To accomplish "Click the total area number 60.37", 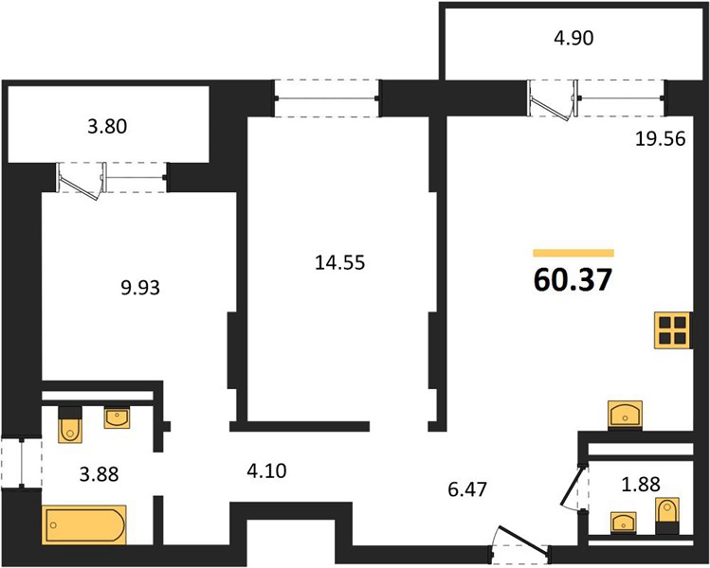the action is tap(573, 279).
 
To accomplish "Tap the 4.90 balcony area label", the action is tap(573, 38).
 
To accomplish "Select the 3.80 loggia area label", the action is tap(107, 126).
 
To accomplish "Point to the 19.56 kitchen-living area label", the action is tap(660, 138).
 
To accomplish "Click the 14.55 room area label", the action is tap(339, 262).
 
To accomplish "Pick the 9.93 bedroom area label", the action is tap(140, 288).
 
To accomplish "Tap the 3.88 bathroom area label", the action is tap(100, 474).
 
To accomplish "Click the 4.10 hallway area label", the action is tap(266, 470).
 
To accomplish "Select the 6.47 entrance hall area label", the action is tap(467, 488).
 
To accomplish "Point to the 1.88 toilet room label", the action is tap(641, 484).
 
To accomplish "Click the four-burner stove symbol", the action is tap(673, 330).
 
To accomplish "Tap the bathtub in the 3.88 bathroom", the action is tap(84, 524).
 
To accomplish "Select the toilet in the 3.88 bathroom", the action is tap(70, 424).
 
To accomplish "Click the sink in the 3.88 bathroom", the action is tap(118, 417).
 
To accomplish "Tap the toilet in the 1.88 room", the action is tap(667, 516).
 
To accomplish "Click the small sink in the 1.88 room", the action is tap(624, 523).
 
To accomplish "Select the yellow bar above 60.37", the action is tap(573, 253).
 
